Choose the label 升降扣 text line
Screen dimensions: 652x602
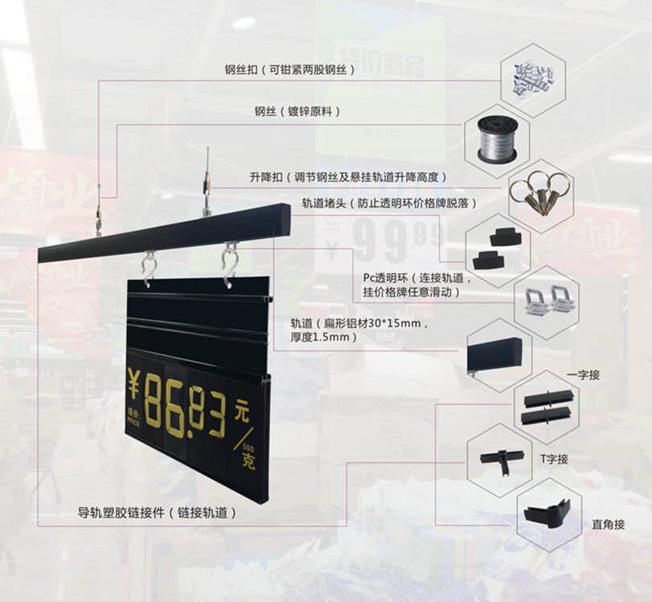coord(348,176)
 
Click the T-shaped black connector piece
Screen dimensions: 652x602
coord(497,458)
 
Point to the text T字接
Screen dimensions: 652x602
coord(554,459)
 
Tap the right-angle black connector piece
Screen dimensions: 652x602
coord(547,513)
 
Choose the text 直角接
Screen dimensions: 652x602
coord(608,525)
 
